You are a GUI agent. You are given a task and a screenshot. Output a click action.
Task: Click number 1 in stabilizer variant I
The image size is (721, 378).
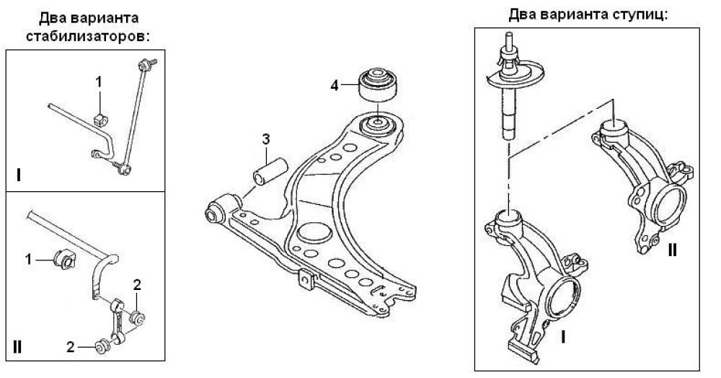click(x=99, y=83)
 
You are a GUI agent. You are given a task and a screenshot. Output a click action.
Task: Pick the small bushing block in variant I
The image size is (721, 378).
click(x=100, y=118)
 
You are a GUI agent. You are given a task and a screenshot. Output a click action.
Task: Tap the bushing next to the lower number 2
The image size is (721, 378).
click(x=102, y=348)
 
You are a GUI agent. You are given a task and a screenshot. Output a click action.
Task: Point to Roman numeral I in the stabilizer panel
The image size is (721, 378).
click(x=17, y=175)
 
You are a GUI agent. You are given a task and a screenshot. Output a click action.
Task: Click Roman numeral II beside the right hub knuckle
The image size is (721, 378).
click(x=672, y=250)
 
